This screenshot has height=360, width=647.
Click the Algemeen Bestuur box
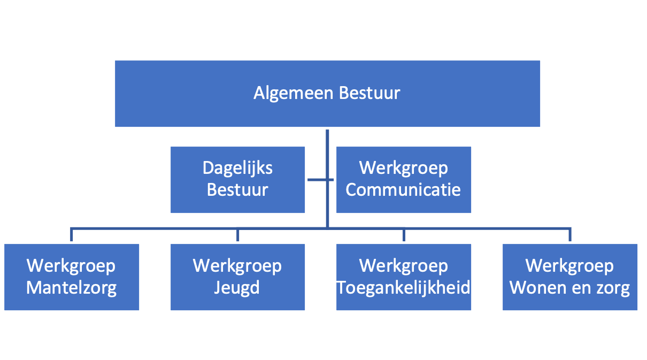pyautogui.click(x=327, y=94)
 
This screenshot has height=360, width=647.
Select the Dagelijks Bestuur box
pyautogui.click(x=237, y=180)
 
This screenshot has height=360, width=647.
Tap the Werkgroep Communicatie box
pyautogui.click(x=404, y=180)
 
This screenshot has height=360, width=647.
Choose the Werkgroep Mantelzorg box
pyautogui.click(x=72, y=277)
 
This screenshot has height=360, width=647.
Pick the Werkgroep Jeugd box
pyautogui.click(x=237, y=277)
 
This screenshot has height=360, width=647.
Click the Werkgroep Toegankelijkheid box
pyautogui.click(x=404, y=277)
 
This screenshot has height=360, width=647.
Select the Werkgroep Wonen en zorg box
pyautogui.click(x=570, y=277)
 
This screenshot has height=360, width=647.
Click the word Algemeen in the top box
pyautogui.click(x=294, y=94)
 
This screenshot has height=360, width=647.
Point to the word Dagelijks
pyautogui.click(x=237, y=168)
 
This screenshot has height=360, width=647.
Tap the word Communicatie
pyautogui.click(x=403, y=190)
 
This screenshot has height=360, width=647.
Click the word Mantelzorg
pyautogui.click(x=71, y=288)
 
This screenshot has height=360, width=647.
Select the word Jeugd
pyautogui.click(x=237, y=288)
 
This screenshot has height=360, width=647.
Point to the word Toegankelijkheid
pyautogui.click(x=404, y=288)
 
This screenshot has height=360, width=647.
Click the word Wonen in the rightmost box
pyautogui.click(x=535, y=288)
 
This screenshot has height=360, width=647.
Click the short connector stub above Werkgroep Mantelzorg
pyautogui.click(x=71, y=235)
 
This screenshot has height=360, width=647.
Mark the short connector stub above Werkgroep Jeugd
pyautogui.click(x=237, y=235)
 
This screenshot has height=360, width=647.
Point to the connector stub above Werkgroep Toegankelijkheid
pyautogui.click(x=404, y=235)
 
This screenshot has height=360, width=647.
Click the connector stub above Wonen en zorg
pyautogui.click(x=570, y=235)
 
